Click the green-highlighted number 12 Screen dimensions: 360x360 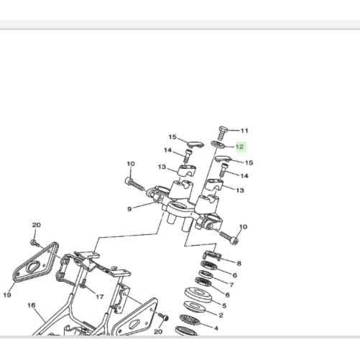point(240,147)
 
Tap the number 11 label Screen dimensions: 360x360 point(244,131)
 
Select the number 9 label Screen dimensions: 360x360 point(129,209)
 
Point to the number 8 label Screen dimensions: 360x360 point(239,264)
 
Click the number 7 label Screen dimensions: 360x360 point(231,285)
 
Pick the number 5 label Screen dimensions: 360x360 point(224,305)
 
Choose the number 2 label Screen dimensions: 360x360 point(221,315)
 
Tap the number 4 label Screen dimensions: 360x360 point(216,328)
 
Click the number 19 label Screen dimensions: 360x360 point(7,295)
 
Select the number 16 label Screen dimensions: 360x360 point(32,305)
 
